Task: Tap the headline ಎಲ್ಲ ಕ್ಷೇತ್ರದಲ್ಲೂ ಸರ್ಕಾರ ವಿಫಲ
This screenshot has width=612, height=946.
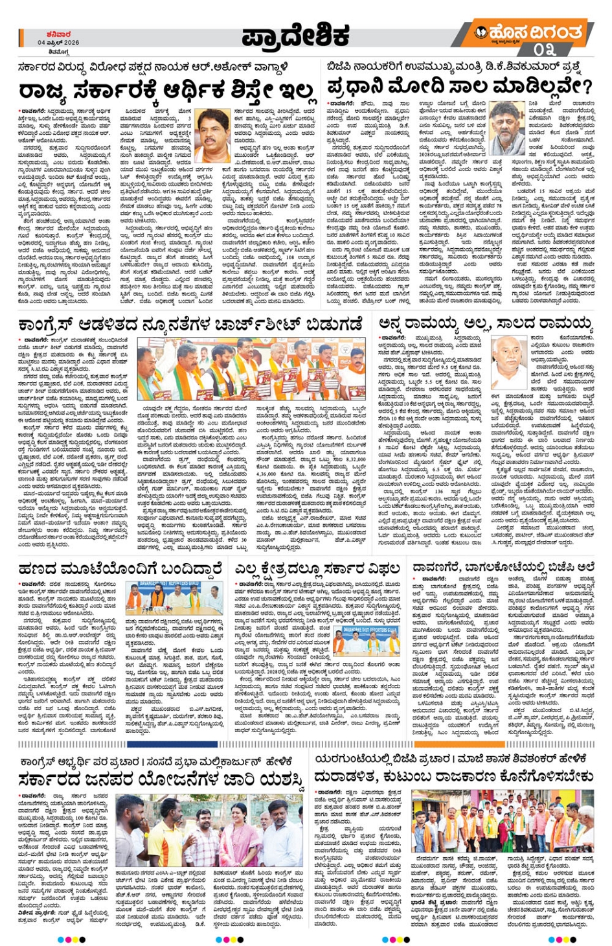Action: click(317, 570)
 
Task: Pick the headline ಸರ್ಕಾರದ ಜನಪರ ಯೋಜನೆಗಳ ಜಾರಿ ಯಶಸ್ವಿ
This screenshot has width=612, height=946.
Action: click(161, 779)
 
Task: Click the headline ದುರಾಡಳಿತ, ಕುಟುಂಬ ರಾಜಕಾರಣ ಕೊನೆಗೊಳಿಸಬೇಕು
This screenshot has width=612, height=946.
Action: click(453, 776)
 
